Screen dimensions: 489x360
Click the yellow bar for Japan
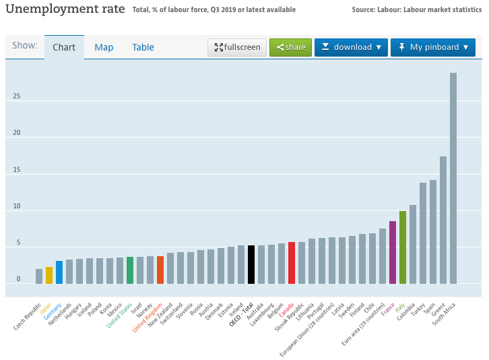(49, 275)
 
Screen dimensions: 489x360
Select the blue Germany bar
(59, 272)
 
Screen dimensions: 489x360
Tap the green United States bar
(130, 270)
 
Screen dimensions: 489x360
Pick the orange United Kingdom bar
(160, 270)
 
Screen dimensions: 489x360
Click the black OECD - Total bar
(251, 264)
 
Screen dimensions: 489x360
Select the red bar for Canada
(292, 263)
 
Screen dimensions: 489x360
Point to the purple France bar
(393, 252)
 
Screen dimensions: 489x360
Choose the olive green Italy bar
(403, 247)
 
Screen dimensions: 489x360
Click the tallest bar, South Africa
(453, 178)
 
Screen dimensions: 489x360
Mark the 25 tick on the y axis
(17, 96)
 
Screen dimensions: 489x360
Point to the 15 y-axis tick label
(17, 169)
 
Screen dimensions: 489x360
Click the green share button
(291, 47)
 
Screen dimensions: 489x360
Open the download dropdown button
(351, 47)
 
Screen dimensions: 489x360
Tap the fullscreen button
(237, 47)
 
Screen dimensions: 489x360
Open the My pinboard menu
(433, 47)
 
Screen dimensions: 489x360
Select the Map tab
(104, 47)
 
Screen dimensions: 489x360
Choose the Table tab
(143, 47)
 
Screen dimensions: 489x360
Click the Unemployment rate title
(65, 9)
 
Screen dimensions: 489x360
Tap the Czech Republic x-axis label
(28, 316)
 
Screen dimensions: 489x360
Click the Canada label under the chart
(286, 309)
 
